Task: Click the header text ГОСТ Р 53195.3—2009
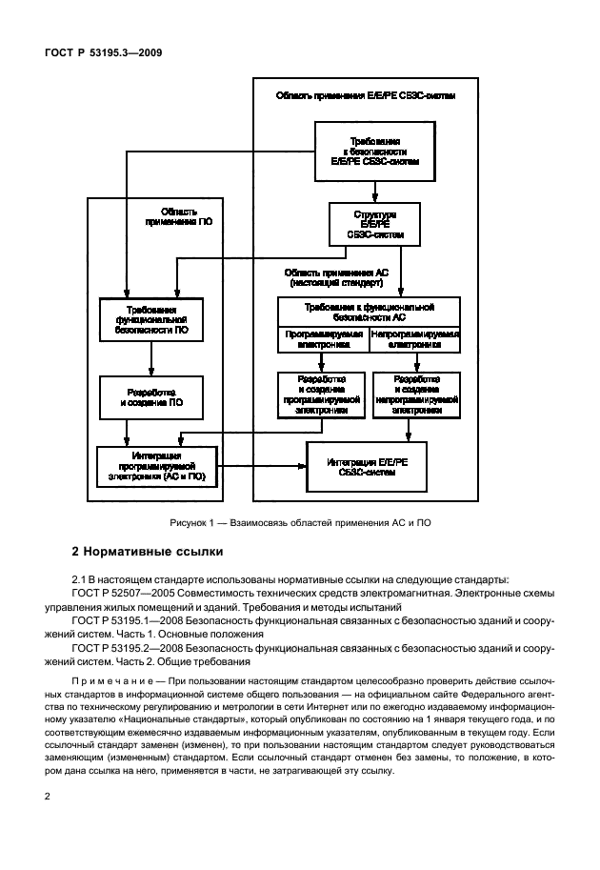(100, 53)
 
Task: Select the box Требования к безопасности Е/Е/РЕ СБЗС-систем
(369, 152)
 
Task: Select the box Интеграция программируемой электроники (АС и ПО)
(157, 465)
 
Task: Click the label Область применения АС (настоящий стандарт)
(334, 277)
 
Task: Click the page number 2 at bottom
(75, 796)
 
